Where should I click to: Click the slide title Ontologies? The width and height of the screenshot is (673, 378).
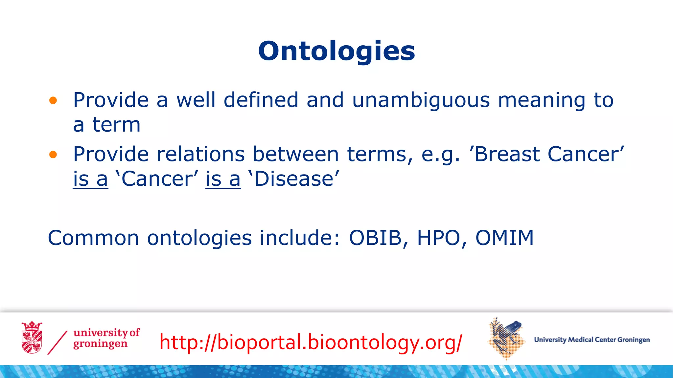[x=336, y=52]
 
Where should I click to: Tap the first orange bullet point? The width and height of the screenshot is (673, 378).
[x=53, y=100]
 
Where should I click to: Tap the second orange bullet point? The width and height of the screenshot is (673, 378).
[x=53, y=155]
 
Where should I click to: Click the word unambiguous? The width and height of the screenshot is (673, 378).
[x=421, y=100]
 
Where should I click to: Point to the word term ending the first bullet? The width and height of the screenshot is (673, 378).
[x=116, y=125]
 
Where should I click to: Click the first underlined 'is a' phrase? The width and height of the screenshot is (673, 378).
[x=90, y=179]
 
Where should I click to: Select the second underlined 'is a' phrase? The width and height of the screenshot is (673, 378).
[x=223, y=179]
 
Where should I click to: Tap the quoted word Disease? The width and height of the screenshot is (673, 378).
[x=294, y=179]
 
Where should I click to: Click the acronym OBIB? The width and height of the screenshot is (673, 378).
[x=375, y=238]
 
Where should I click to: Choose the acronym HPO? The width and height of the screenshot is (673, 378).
[x=438, y=238]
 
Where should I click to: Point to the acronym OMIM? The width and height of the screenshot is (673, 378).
[x=504, y=238]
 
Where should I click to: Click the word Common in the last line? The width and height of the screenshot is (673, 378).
[x=93, y=238]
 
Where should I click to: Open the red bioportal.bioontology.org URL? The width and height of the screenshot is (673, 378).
[x=311, y=342]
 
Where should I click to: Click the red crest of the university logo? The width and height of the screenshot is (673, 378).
[x=32, y=338]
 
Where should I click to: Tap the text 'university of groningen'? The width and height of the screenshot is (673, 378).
[x=106, y=338]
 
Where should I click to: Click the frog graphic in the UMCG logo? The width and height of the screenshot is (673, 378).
[x=506, y=338]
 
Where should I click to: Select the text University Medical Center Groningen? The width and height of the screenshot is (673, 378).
[x=592, y=340]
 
